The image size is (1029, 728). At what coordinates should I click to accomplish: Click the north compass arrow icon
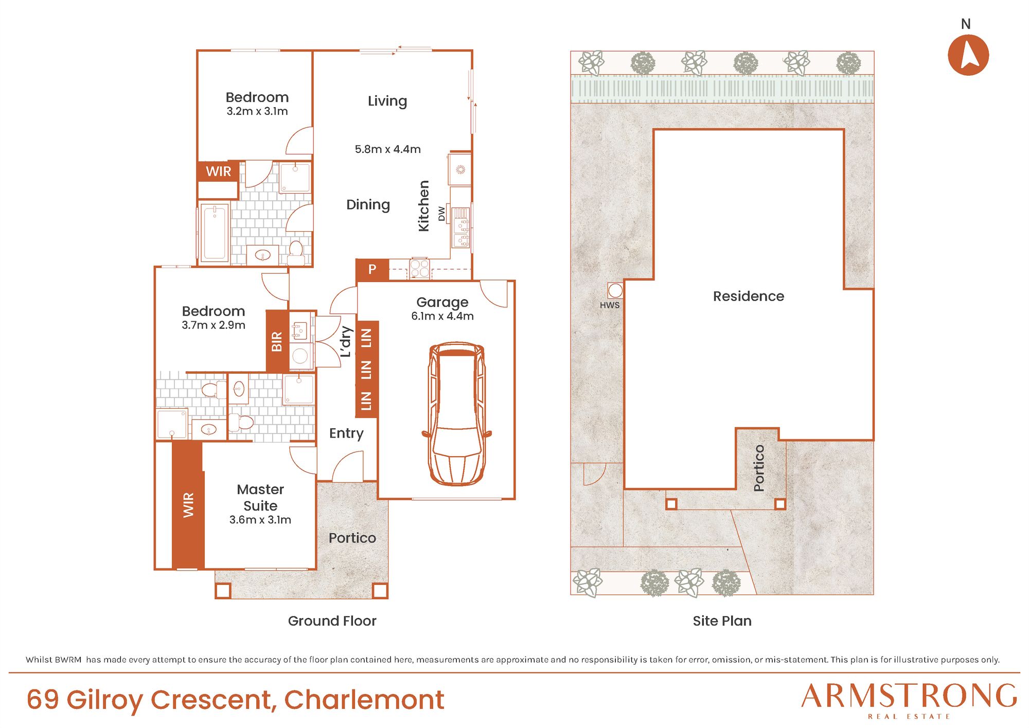[968, 55]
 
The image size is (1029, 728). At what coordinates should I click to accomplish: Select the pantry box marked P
[372, 269]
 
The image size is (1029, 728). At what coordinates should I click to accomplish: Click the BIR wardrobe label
[277, 341]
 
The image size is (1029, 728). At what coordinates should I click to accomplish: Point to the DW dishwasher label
[441, 214]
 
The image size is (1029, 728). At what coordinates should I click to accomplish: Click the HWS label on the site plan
[610, 305]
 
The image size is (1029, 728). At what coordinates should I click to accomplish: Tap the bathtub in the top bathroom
[214, 233]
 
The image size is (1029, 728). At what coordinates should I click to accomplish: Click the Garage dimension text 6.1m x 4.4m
[442, 316]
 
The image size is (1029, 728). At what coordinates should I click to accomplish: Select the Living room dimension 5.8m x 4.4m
[387, 149]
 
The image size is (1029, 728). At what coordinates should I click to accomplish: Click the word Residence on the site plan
[749, 296]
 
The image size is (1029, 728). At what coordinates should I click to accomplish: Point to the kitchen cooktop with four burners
[419, 268]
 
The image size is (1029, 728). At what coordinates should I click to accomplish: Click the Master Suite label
[260, 497]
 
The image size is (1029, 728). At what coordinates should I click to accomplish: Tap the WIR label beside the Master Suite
[188, 505]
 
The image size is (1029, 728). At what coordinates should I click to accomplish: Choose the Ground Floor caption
[332, 621]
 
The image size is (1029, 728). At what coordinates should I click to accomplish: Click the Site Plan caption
[722, 621]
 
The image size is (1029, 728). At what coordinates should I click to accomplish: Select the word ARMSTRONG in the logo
[909, 696]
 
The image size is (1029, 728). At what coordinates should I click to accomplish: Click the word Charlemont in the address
[364, 700]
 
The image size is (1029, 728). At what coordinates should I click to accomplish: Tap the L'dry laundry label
[346, 341]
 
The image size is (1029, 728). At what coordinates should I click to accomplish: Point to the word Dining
[368, 205]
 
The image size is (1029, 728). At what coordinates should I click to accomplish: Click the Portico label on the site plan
[759, 468]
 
